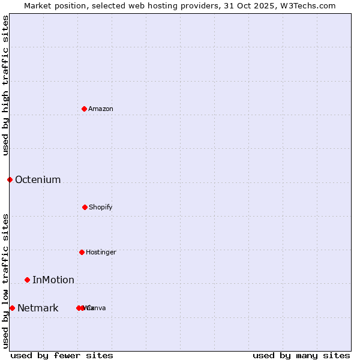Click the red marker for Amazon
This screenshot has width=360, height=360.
pyautogui.click(x=85, y=109)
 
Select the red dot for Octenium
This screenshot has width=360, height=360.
pyautogui.click(x=10, y=179)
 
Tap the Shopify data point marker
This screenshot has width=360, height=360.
pyautogui.click(x=85, y=207)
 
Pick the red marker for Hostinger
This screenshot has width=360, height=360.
pyautogui.click(x=82, y=252)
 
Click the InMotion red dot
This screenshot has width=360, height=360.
pyautogui.click(x=27, y=280)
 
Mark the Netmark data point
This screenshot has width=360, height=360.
pyautogui.click(x=12, y=308)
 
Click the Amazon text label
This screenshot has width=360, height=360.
pyautogui.click(x=101, y=109)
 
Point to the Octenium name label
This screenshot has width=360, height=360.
pyautogui.click(x=38, y=179)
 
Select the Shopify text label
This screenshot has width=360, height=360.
pyautogui.click(x=101, y=207)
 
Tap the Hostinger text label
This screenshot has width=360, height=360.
pyautogui.click(x=101, y=252)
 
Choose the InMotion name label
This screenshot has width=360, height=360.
pyautogui.click(x=53, y=280)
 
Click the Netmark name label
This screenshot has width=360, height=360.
pyautogui.click(x=38, y=308)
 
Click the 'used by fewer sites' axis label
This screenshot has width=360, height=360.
pyautogui.click(x=62, y=355)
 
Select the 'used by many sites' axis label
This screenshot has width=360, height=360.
pyautogui.click(x=301, y=355)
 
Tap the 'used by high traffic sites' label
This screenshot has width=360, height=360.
pyautogui.click(x=5, y=85)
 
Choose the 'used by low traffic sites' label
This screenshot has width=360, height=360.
pyautogui.click(x=5, y=281)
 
